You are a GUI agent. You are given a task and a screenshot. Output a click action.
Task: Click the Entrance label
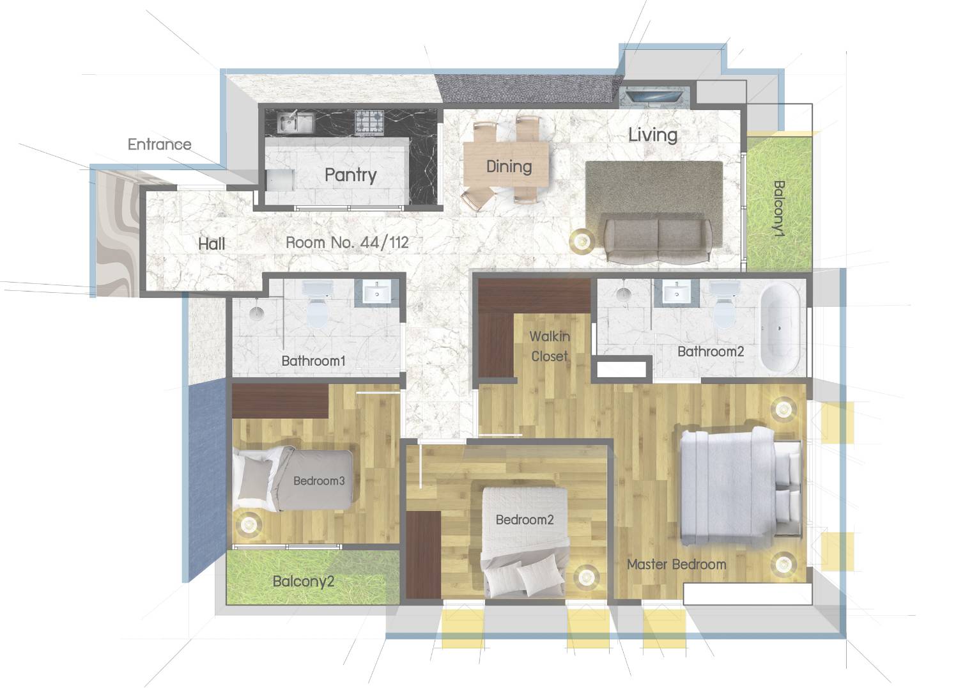tap(159, 144)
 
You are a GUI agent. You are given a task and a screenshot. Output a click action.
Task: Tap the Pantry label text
tap(351, 175)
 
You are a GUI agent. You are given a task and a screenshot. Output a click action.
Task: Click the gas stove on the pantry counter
tap(370, 121)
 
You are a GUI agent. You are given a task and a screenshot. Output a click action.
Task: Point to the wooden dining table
tap(506, 164)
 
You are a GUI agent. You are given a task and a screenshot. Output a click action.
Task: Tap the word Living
tap(652, 135)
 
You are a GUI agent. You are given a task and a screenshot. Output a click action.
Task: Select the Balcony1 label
tap(779, 208)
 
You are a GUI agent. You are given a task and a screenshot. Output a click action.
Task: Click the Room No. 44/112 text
tap(347, 242)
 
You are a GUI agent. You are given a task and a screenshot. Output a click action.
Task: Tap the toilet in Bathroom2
tap(724, 305)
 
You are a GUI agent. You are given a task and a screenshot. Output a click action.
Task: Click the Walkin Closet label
tap(550, 346)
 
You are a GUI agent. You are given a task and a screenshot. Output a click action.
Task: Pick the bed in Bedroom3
tap(293, 479)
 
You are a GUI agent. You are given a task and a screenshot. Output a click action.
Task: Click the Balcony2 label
tap(304, 581)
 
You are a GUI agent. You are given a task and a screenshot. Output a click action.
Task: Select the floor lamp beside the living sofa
tap(582, 239)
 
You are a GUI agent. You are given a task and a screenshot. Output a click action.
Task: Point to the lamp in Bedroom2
tap(586, 577)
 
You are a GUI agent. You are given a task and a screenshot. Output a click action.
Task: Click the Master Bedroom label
tap(677, 565)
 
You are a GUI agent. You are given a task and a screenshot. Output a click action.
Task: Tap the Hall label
tap(212, 244)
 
